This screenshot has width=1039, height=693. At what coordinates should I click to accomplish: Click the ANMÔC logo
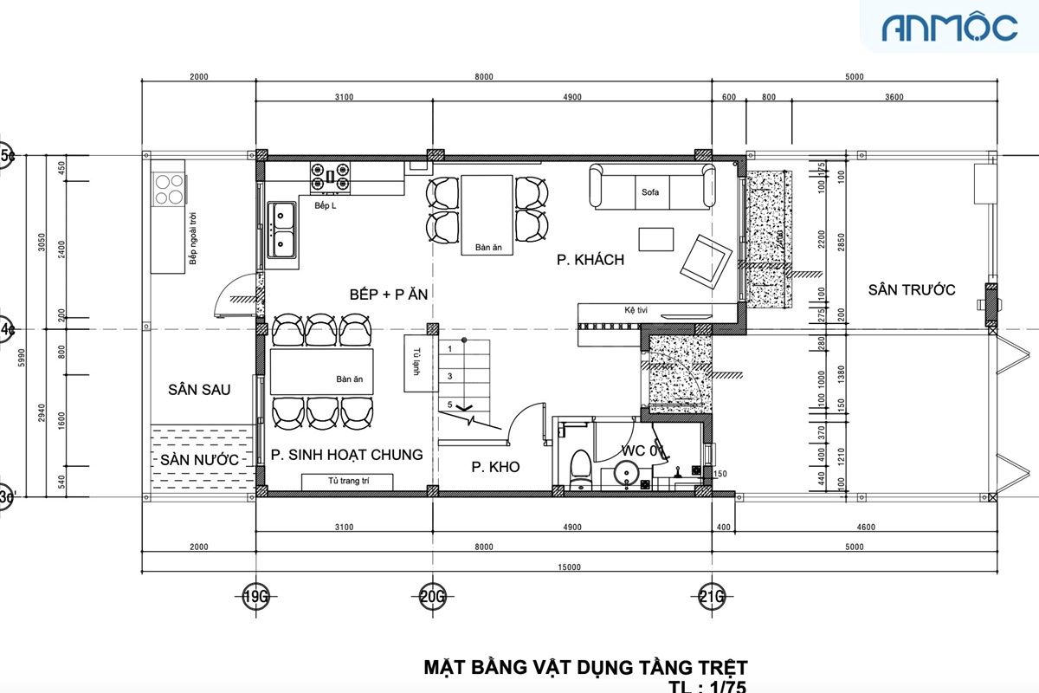click(949, 28)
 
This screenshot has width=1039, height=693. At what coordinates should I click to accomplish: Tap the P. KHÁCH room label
click(590, 260)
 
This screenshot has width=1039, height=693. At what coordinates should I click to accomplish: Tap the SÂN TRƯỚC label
click(912, 289)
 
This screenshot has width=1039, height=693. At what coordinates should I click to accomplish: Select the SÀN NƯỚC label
click(197, 460)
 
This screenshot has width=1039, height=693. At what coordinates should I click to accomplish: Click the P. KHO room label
click(495, 467)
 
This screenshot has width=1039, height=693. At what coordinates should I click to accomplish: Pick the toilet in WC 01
click(581, 467)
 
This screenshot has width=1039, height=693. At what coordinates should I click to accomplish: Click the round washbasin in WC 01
click(626, 473)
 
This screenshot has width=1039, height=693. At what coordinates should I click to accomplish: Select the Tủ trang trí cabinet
click(346, 482)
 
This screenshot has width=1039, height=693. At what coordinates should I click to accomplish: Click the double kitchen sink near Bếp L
click(283, 230)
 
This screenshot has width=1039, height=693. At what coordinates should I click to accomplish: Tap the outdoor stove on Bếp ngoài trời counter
click(169, 190)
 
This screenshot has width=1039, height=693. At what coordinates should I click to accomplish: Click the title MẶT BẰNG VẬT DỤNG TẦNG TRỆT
click(584, 667)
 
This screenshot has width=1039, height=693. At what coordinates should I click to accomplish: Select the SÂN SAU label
click(199, 390)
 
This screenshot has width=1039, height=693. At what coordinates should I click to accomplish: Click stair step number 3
click(449, 377)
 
